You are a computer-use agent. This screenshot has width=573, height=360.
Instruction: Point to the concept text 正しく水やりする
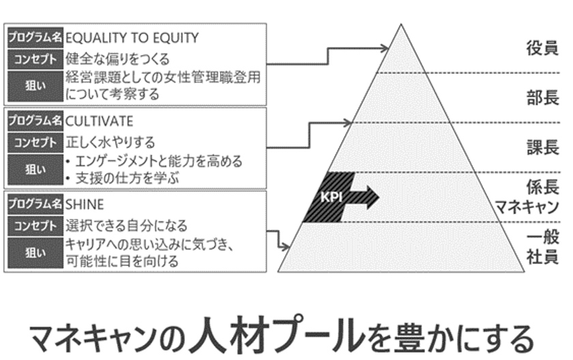[x=111, y=142]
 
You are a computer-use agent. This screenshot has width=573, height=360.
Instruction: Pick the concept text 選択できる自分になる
[x=126, y=225]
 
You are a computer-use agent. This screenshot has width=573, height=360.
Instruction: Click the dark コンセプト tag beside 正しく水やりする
[x=35, y=142]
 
